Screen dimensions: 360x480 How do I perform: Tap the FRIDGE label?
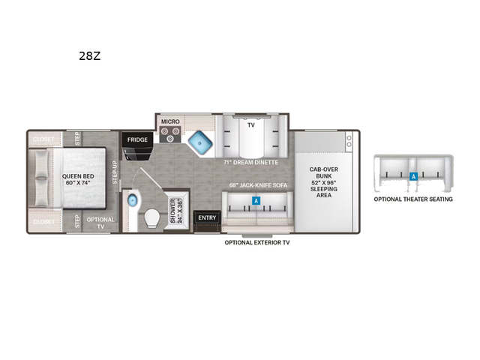(136, 139)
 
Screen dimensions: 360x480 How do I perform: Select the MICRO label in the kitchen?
(169, 120)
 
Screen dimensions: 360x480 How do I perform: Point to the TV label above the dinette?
(251, 125)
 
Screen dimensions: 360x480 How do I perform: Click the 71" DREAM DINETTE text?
(250, 162)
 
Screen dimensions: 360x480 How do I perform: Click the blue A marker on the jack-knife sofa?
(256, 201)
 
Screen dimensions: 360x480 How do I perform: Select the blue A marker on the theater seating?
(413, 177)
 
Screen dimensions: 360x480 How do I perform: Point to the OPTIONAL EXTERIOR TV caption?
(259, 242)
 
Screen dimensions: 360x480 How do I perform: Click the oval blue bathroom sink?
(133, 200)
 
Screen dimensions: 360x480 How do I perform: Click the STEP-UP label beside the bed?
(115, 172)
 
